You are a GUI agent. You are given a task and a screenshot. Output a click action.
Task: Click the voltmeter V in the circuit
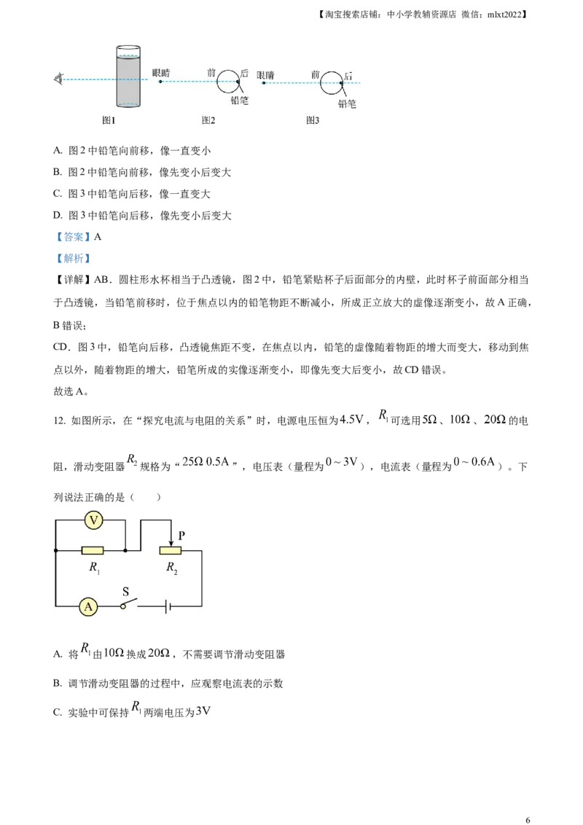coord(93,520)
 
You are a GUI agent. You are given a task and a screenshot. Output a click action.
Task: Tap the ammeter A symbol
coord(87,606)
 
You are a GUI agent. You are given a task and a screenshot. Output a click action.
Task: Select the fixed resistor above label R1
coord(92,551)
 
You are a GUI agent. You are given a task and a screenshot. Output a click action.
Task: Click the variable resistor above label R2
coord(170,551)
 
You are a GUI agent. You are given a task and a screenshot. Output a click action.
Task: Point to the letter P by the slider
coord(182,536)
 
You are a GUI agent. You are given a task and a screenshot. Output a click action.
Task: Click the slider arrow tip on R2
coord(171,544)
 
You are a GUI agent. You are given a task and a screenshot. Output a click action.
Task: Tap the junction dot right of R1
coord(125,551)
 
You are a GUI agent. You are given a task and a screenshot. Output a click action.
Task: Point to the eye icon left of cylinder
coord(59,79)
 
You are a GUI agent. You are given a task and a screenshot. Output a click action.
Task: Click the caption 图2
coord(208,120)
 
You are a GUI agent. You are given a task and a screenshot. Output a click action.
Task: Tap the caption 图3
coord(313,120)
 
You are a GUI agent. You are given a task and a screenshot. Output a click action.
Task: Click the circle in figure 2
coord(229,81)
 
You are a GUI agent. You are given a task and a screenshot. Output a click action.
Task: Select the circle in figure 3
coord(332,82)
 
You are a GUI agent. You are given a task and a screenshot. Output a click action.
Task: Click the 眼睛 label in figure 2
coord(162,73)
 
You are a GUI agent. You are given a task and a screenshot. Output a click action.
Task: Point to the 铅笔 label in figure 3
coord(347,103)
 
